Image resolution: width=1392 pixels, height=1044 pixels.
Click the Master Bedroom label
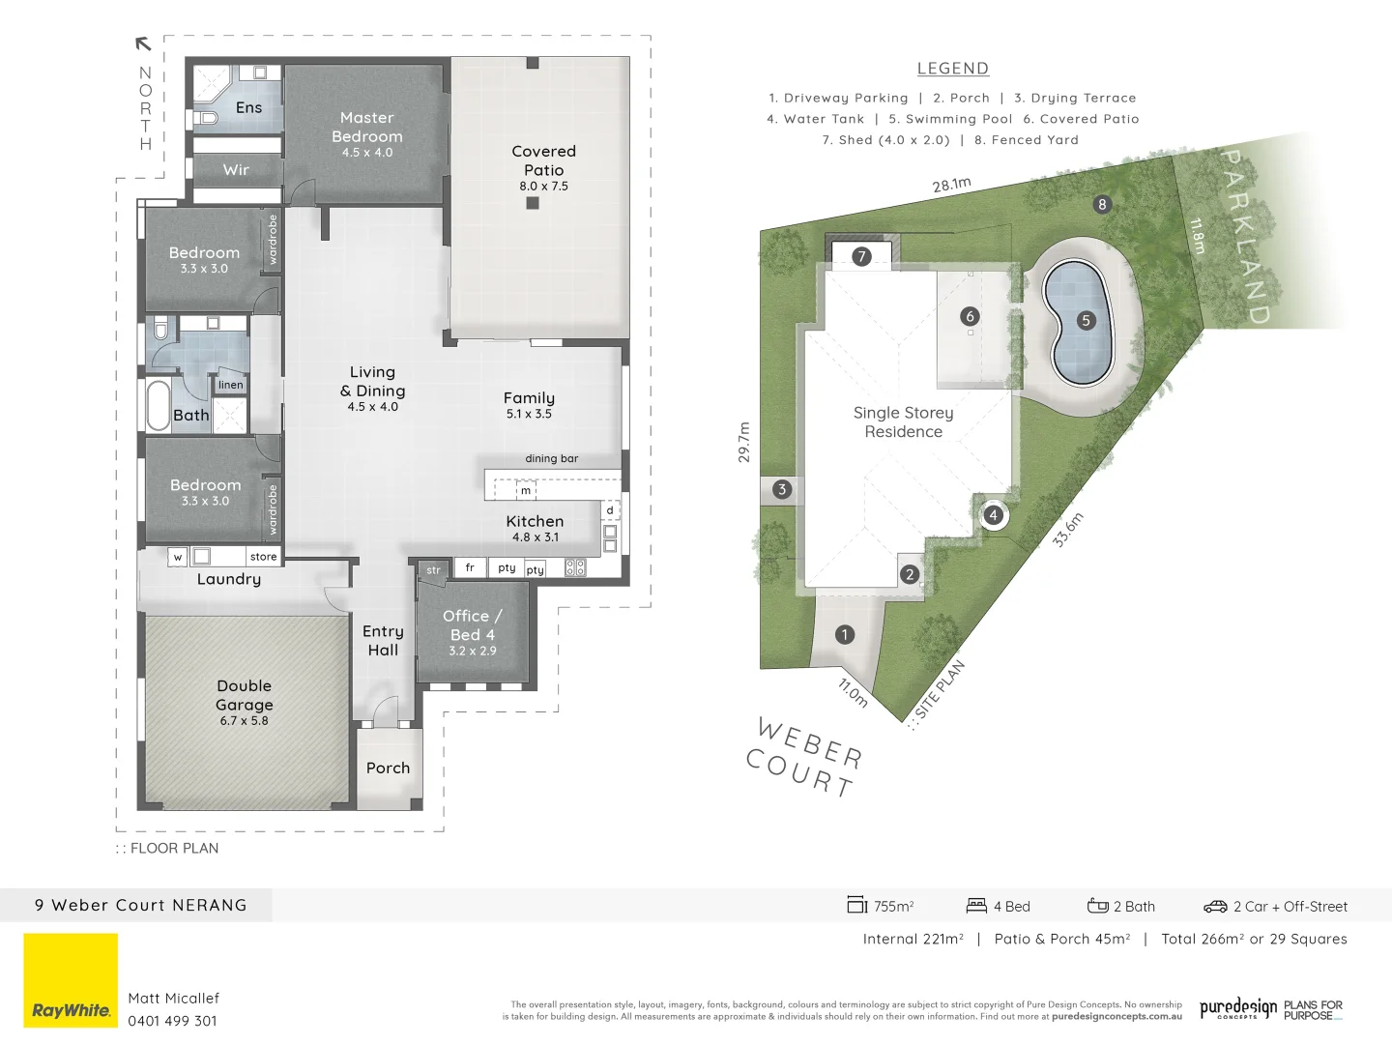[367, 128]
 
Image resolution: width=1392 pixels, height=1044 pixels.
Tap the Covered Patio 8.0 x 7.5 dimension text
[543, 187]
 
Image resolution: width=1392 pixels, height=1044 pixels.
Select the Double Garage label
[245, 695]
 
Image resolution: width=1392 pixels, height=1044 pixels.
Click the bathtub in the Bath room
[159, 406]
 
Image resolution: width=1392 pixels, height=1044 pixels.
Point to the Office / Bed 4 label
[472, 625]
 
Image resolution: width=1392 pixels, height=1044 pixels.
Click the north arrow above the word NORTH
[143, 43]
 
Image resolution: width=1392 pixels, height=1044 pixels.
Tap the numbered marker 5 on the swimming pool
[1086, 321]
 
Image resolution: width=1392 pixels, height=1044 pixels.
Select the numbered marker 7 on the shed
[861, 256]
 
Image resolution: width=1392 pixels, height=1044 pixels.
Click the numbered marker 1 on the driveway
[845, 634]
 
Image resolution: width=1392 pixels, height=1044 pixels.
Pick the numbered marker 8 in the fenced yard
[1102, 204]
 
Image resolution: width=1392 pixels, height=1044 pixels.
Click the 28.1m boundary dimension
[951, 185]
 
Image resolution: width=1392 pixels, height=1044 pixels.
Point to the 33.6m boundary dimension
[1068, 530]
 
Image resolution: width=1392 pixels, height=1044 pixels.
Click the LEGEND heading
[952, 69]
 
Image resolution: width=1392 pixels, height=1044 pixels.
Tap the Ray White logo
[71, 980]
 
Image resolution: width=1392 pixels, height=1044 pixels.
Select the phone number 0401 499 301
[173, 1021]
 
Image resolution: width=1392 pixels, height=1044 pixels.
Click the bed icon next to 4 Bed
[976, 906]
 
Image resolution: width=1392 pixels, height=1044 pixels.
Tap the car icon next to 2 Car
[1215, 907]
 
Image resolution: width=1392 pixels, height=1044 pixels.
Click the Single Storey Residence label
[903, 422]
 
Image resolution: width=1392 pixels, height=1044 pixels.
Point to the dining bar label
[552, 459]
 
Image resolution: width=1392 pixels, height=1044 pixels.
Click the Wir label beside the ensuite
[236, 170]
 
